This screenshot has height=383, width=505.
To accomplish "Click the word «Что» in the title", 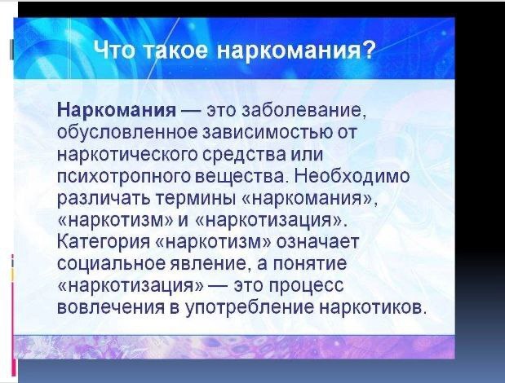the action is (x=114, y=50).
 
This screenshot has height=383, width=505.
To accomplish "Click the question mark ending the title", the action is (x=370, y=50).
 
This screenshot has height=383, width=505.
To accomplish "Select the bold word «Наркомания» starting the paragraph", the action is (x=117, y=110).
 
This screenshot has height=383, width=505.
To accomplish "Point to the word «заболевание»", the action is (x=303, y=111).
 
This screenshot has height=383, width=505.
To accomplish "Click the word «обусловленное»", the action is (x=127, y=132).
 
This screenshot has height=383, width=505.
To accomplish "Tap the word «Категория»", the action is (x=104, y=241).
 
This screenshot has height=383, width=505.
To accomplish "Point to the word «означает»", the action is (x=317, y=241).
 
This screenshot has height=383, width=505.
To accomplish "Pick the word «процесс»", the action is (x=306, y=285).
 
